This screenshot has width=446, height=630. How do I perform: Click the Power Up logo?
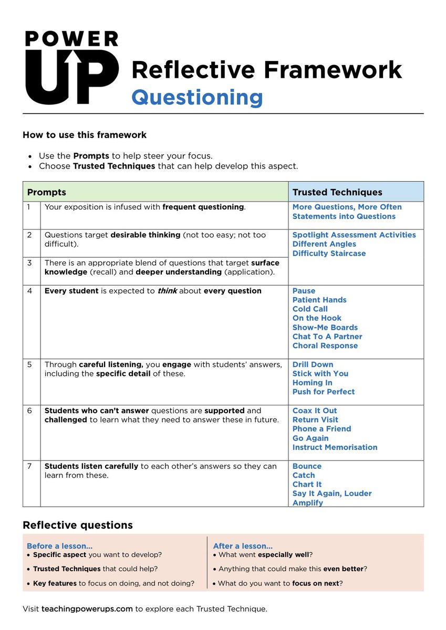click(71, 68)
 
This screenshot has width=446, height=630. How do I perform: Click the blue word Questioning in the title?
click(197, 97)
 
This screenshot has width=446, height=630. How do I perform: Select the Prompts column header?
click(47, 192)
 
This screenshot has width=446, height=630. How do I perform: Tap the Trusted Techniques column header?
click(337, 192)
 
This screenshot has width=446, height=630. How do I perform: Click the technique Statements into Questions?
click(344, 216)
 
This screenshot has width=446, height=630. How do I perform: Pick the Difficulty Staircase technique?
click(329, 254)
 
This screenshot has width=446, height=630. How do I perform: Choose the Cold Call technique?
click(310, 309)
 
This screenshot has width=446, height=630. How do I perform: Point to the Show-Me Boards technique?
click(325, 328)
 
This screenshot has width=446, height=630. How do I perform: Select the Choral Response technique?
click(325, 346)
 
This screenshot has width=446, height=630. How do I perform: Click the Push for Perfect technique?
click(324, 392)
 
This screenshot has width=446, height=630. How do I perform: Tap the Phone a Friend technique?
click(321, 429)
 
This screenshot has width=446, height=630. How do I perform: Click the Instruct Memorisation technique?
click(335, 447)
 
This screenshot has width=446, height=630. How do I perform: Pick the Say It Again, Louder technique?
click(332, 493)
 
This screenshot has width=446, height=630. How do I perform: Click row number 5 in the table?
click(30, 364)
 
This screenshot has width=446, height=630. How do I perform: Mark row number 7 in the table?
click(30, 466)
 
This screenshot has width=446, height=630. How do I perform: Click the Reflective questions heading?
click(78, 525)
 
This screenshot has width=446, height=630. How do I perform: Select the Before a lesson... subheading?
click(59, 546)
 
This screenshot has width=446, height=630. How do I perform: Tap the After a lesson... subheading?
click(243, 546)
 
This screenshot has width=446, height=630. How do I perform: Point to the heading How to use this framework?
click(85, 135)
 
